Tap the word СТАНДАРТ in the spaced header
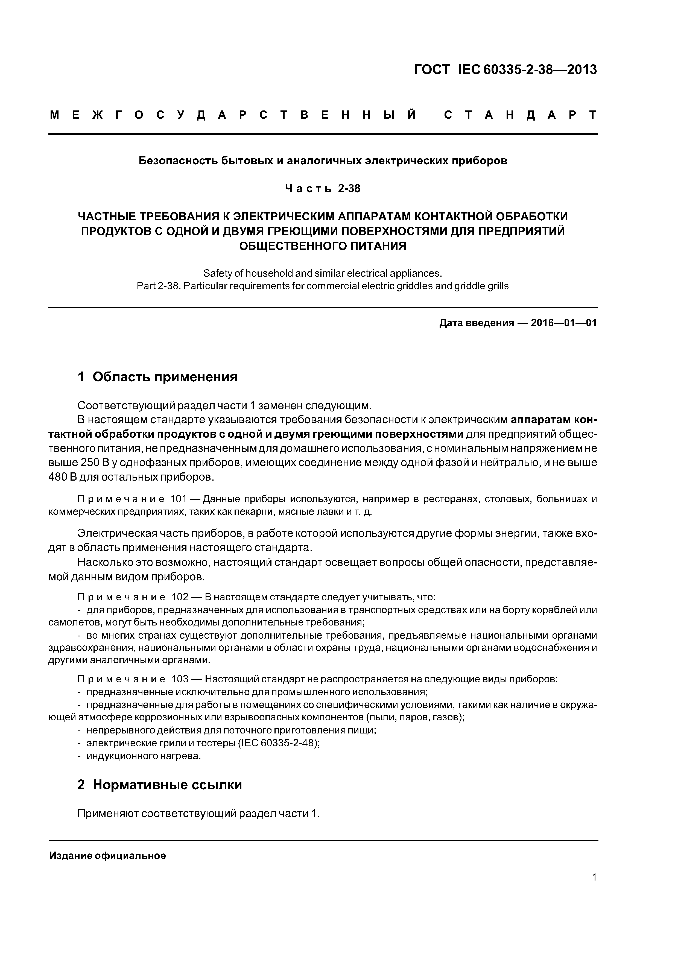[520, 115]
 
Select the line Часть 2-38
[323, 189]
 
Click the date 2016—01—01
[563, 323]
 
